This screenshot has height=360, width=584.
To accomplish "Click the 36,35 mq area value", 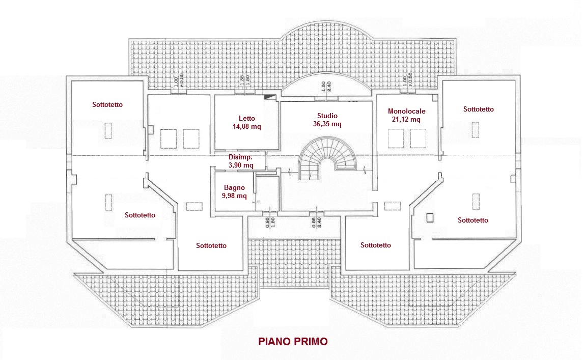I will (327, 124).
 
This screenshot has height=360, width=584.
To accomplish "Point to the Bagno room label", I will (234, 187).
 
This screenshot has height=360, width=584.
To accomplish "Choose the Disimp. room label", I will (240, 157).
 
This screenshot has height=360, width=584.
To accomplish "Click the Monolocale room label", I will (406, 111).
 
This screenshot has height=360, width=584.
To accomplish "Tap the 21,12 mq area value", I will (406, 120).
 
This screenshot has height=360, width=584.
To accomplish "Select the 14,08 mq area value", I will (246, 127).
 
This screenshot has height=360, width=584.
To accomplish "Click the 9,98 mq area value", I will (234, 196).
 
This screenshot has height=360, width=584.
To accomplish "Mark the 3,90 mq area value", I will (240, 165).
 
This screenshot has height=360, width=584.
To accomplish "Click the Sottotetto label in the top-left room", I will (107, 104).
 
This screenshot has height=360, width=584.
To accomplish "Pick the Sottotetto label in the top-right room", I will (479, 109).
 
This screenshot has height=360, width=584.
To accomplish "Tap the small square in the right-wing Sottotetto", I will (430, 217).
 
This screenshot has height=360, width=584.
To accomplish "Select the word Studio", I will (327, 116).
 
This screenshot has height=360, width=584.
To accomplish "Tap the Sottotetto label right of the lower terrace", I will (376, 245).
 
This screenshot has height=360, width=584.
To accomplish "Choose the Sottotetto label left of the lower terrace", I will (211, 245).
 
